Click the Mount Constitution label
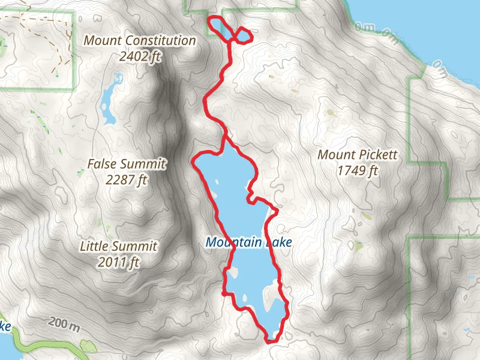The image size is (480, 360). (140, 41)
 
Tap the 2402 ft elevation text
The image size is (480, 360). (140, 56)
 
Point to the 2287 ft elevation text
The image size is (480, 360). (126, 179)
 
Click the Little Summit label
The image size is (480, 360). (119, 246)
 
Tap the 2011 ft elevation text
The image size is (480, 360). (119, 262)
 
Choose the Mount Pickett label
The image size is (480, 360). (357, 155)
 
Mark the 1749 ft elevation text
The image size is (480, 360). (357, 171)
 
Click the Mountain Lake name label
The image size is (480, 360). (248, 242)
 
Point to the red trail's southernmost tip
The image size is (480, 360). (271, 341)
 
